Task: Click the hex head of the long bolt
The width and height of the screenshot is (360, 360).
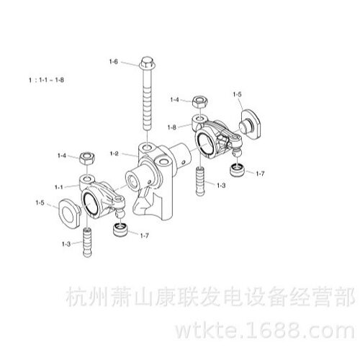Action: [x=146, y=62]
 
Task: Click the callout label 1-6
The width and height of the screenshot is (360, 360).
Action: [x=114, y=62]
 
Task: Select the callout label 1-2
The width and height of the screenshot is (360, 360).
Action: [x=114, y=153]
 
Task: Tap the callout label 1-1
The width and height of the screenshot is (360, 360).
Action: [x=59, y=187]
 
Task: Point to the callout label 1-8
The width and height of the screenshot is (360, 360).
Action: [x=172, y=127]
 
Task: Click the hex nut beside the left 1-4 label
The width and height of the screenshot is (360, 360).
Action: [x=87, y=159]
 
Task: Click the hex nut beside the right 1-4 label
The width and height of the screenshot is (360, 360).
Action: [x=200, y=102]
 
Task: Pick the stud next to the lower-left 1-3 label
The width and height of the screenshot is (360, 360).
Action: [x=87, y=242]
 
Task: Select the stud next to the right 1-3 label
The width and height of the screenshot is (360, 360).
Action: [x=201, y=181]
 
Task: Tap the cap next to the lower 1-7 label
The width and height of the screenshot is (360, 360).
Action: [x=121, y=230]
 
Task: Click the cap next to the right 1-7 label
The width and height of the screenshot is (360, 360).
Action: [x=238, y=169]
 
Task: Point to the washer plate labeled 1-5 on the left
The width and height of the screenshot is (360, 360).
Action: [x=69, y=214]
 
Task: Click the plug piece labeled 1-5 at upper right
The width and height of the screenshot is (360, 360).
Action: [x=250, y=124]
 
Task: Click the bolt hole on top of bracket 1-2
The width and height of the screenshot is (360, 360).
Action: [x=146, y=147]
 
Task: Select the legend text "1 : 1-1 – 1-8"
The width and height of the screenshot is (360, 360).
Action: [x=46, y=80]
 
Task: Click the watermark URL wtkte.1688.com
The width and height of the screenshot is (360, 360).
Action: [x=265, y=331]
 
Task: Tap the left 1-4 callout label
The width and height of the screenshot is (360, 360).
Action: [x=62, y=156]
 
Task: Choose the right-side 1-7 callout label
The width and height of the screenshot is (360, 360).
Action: [x=260, y=174]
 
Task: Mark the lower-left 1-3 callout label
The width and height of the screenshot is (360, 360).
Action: [x=66, y=244]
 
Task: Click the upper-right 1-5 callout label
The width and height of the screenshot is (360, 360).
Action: [x=237, y=94]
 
